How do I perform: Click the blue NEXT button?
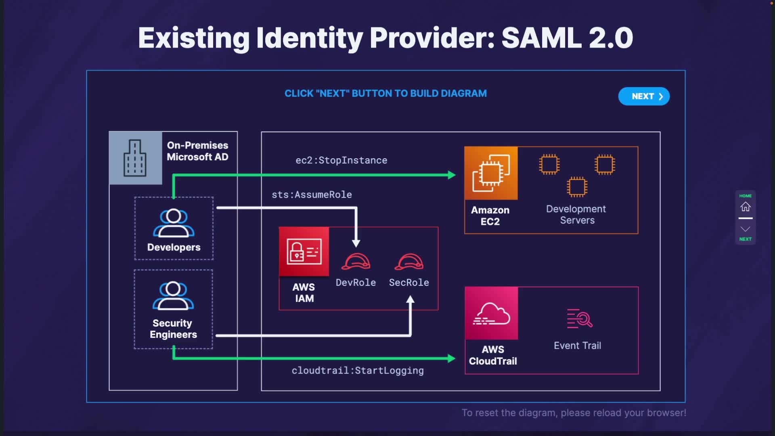[644, 96]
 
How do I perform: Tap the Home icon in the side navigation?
[745, 207]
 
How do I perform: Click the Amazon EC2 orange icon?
[491, 173]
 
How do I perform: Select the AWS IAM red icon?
[304, 252]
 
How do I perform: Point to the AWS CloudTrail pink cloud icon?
[491, 313]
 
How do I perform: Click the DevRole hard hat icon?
[356, 262]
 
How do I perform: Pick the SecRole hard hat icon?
[409, 262]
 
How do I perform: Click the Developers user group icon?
[174, 223]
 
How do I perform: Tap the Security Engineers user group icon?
[173, 296]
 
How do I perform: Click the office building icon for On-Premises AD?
[135, 158]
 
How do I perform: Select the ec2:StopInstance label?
[341, 160]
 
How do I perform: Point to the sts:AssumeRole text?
[312, 195]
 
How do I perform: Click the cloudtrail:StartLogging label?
[358, 371]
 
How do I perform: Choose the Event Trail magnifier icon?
[579, 319]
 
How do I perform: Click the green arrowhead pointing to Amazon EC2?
[452, 175]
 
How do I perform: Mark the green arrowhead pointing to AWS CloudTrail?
[451, 358]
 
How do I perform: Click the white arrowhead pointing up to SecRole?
[410, 300]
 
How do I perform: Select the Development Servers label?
[576, 215]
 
